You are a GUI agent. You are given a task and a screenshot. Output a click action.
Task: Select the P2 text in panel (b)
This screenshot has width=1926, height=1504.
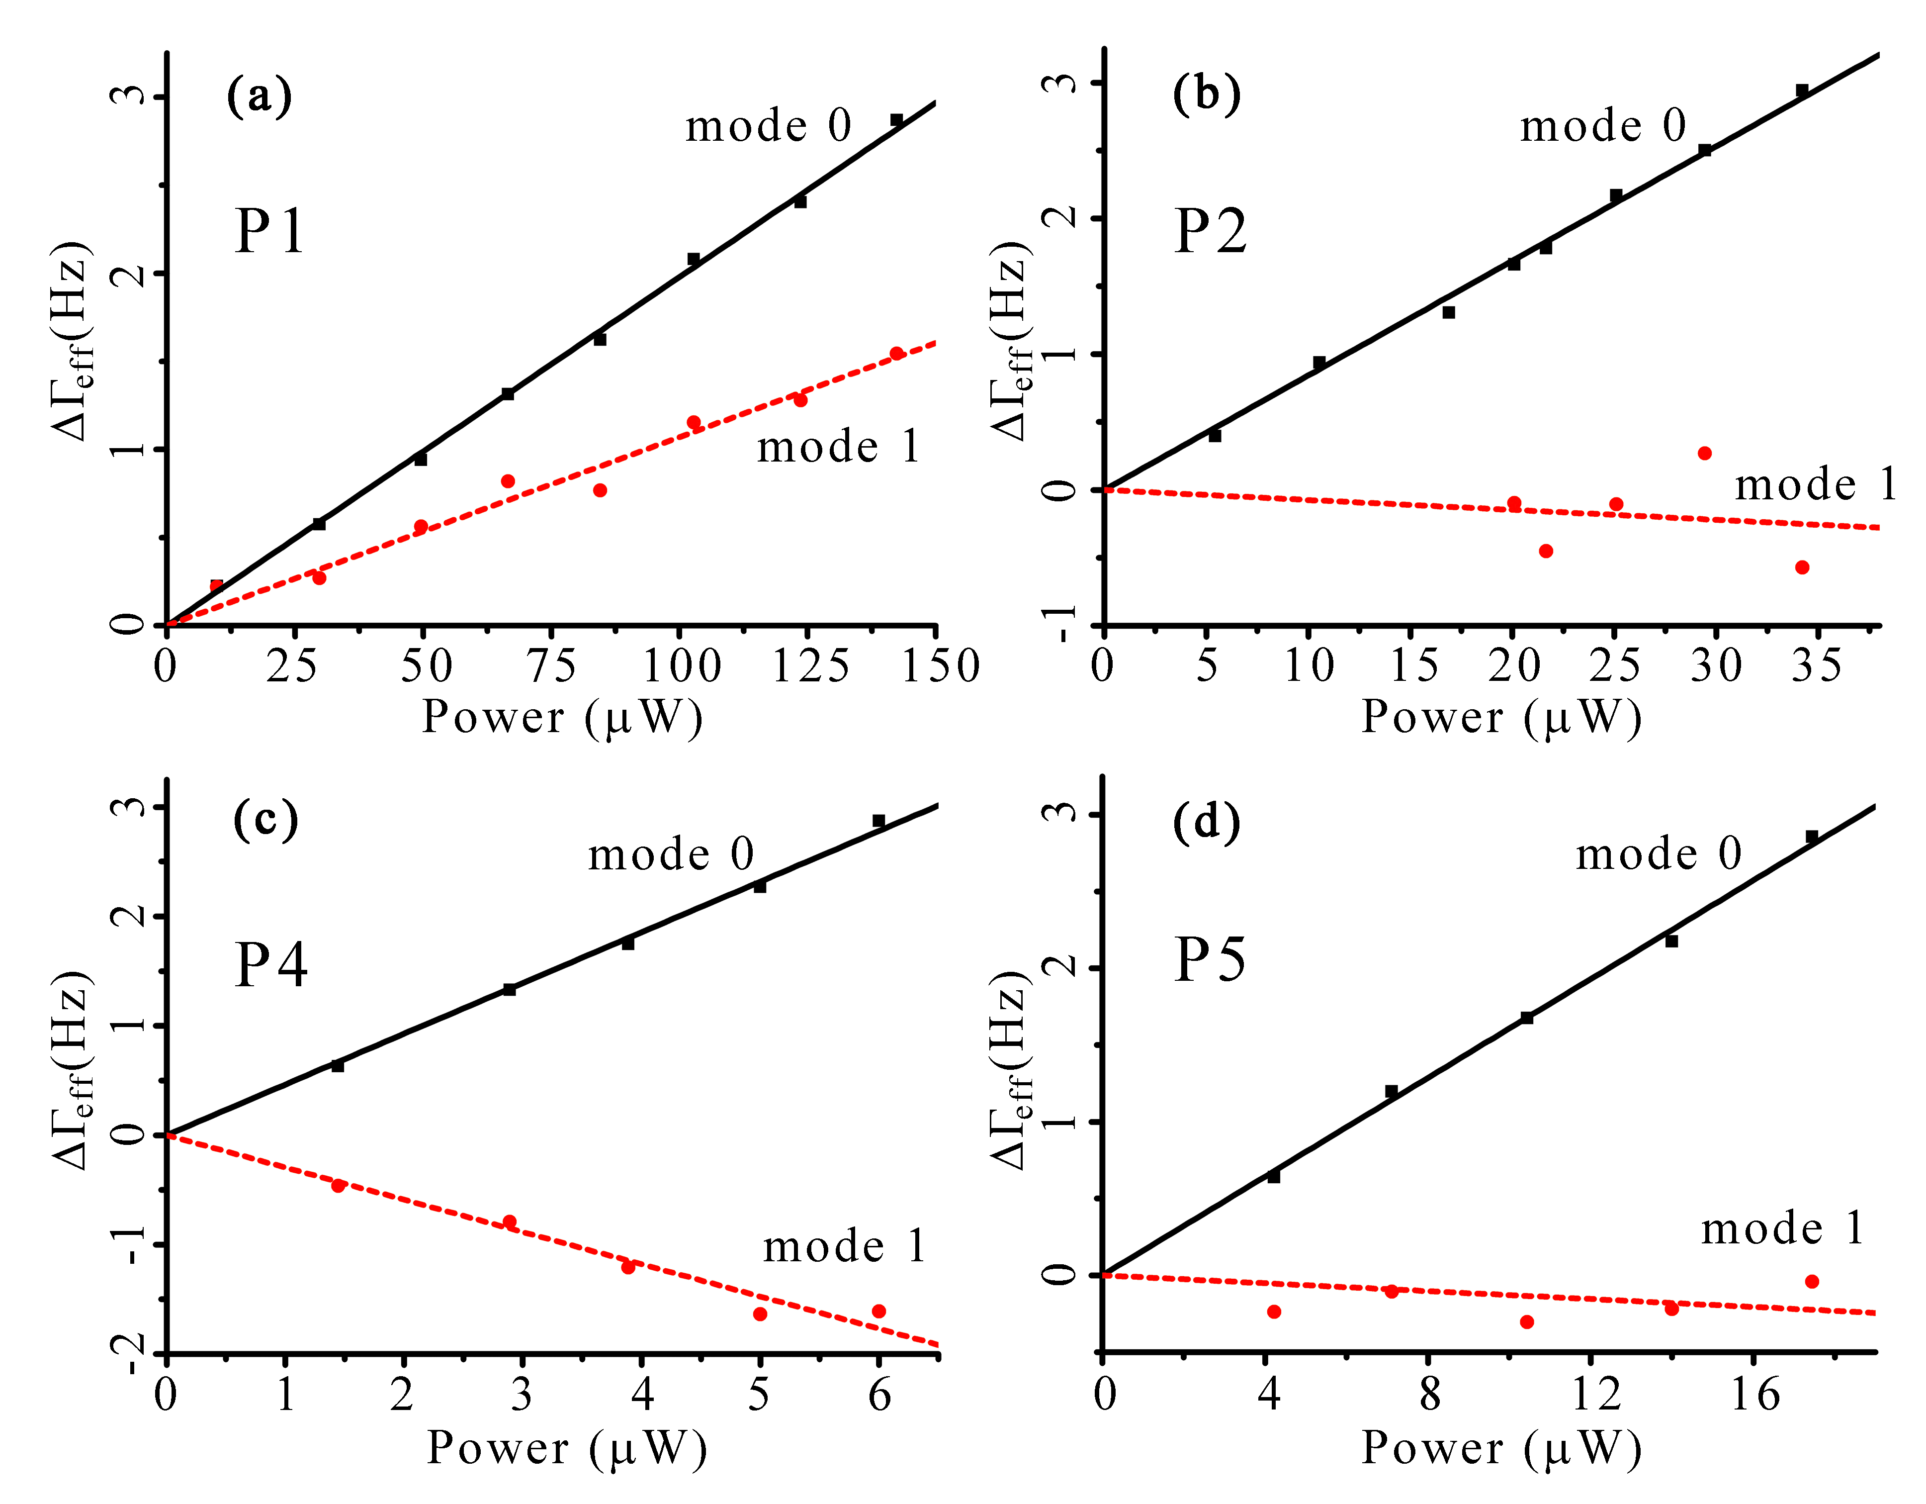pos(1210,231)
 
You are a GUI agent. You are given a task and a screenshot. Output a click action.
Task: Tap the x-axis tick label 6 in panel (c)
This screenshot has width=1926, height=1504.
pos(879,1395)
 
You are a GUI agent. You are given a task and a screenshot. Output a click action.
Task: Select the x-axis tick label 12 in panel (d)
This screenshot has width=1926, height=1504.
pos(1596,1395)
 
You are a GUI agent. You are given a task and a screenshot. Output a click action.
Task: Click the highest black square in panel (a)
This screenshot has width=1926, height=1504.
pos(896,120)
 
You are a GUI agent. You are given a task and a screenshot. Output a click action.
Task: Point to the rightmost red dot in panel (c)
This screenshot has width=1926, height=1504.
pos(878,1312)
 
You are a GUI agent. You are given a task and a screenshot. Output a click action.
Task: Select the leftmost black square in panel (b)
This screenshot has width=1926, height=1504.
pos(1215,435)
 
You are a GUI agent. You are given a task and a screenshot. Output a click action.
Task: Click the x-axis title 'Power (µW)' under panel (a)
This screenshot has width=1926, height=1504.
pos(562,717)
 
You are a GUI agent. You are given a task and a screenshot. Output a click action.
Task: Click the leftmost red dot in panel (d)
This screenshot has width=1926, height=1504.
pos(1273,1312)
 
